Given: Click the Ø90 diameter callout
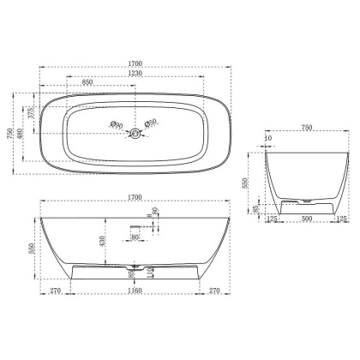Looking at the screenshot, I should tap(117, 125).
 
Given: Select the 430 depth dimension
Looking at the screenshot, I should tap(102, 243).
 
